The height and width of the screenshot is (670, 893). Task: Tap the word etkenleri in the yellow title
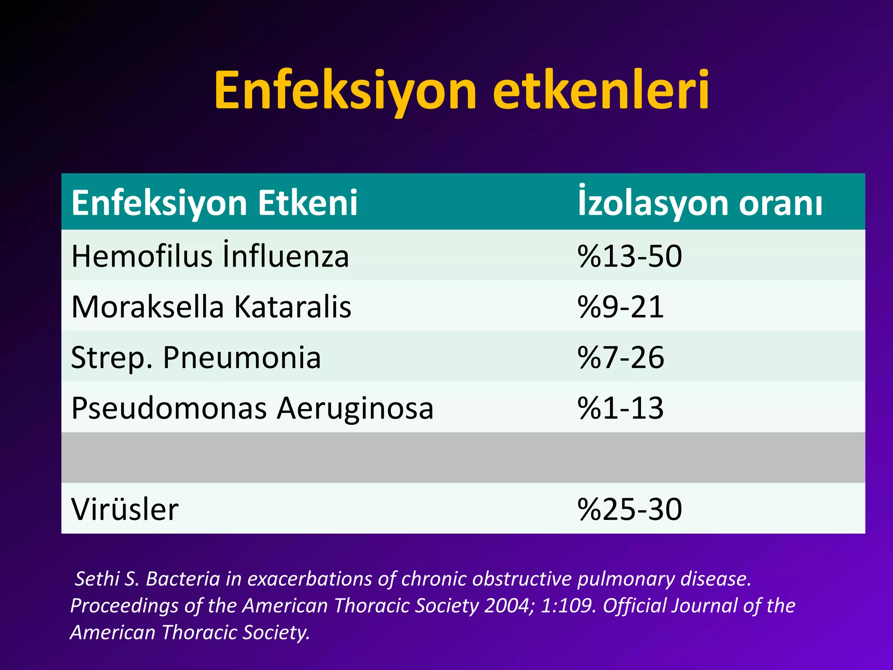(x=601, y=91)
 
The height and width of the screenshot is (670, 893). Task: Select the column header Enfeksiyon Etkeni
(x=215, y=203)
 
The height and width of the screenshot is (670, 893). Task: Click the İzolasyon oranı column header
(x=700, y=203)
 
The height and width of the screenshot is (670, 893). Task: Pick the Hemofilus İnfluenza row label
(x=210, y=256)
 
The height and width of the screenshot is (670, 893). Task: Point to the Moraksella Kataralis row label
(x=211, y=307)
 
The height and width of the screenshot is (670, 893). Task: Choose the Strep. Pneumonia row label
(x=196, y=358)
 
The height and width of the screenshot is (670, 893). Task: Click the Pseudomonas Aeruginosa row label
(x=252, y=409)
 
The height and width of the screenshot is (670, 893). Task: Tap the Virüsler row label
(x=125, y=509)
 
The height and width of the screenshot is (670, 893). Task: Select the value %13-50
(x=630, y=256)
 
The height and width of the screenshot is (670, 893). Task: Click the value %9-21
(x=620, y=307)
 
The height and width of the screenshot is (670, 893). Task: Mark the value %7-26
(x=620, y=358)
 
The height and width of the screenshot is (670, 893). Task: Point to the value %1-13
(x=620, y=409)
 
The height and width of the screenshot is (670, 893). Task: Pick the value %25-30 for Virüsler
(x=630, y=509)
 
